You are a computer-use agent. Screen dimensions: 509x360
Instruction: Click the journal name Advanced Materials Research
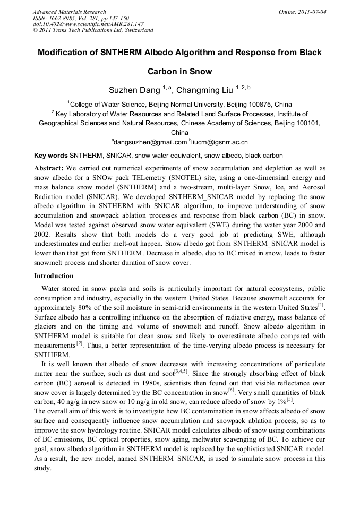point(69,12)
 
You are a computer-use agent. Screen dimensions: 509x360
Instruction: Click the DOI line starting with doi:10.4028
point(88,24)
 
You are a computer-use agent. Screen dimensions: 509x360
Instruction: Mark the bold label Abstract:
point(49,168)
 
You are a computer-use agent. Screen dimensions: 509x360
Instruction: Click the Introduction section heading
point(54,276)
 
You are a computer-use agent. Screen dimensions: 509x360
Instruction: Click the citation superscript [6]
point(231,390)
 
